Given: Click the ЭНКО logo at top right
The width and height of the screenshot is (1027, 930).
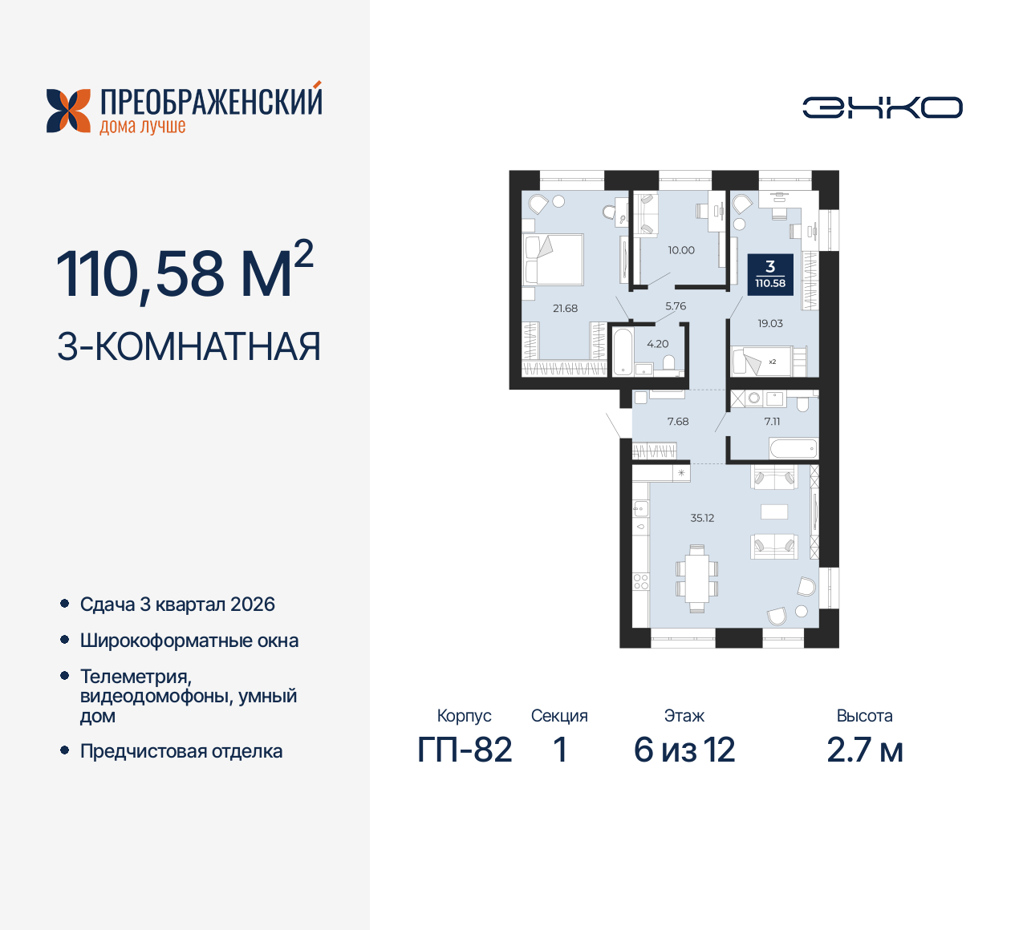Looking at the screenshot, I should [x=882, y=107].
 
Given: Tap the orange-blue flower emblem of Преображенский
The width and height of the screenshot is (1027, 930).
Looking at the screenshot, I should [x=68, y=111].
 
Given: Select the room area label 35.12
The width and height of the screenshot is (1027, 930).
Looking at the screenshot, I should [x=702, y=518].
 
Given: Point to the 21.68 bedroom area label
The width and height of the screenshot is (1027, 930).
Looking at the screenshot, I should [x=565, y=308].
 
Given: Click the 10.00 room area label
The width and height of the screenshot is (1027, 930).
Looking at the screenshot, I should [x=681, y=250].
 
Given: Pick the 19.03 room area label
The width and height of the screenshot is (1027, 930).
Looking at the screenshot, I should [x=770, y=323].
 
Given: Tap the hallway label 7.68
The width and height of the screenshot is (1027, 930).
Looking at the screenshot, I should [x=678, y=421].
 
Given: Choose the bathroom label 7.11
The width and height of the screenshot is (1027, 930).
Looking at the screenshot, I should [x=772, y=421].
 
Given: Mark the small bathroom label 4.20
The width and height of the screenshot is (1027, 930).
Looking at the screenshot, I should [x=657, y=344].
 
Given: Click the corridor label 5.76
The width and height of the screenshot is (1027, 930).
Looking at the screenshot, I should [x=676, y=306].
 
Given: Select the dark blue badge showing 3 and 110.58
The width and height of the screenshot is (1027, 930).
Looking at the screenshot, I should [x=770, y=274].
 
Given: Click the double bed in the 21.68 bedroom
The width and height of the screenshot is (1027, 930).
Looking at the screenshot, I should [x=553, y=260].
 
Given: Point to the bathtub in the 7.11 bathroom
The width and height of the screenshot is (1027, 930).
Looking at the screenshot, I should [x=793, y=447].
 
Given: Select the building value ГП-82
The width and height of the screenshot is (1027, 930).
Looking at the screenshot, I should [x=465, y=750].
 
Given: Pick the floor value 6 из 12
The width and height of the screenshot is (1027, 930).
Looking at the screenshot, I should [x=684, y=750].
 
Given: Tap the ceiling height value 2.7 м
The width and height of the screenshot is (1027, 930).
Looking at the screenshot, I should [x=865, y=750].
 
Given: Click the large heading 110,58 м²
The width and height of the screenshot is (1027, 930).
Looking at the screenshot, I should [x=185, y=273].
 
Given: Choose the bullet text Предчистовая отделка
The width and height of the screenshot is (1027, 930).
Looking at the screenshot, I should [x=181, y=751].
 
